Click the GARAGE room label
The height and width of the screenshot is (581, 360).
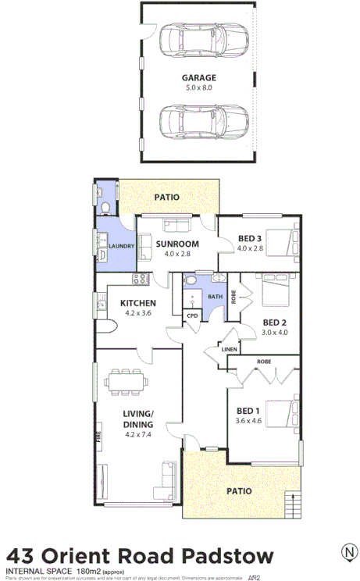click(x=198, y=78)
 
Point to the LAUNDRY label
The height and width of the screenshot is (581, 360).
click(x=122, y=247)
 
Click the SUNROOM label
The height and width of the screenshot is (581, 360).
click(x=176, y=244)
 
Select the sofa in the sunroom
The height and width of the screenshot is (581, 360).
click(x=176, y=226)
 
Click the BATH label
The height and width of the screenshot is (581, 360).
click(x=214, y=297)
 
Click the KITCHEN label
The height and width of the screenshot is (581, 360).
click(x=137, y=303)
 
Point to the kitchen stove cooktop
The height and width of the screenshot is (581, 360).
click(x=141, y=279)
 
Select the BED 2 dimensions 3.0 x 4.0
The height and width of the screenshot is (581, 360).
click(x=275, y=332)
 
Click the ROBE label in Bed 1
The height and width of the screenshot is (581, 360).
click(x=263, y=362)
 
